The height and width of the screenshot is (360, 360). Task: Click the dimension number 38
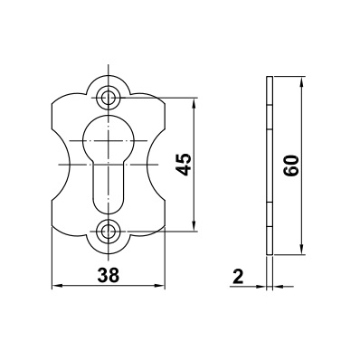pos(109,275)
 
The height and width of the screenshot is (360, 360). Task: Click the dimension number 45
pos(184,165)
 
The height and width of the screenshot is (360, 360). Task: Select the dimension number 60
pos(291,166)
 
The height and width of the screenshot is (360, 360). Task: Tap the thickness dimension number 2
pos(238,276)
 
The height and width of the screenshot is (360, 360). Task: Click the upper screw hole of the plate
pos(107,98)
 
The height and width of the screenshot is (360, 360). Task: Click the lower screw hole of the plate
pos(107,232)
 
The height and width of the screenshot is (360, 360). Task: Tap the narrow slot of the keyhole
pos(107,188)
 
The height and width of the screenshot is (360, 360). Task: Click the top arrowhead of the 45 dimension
pos(194,102)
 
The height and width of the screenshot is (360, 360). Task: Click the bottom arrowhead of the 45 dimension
pos(194,227)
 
